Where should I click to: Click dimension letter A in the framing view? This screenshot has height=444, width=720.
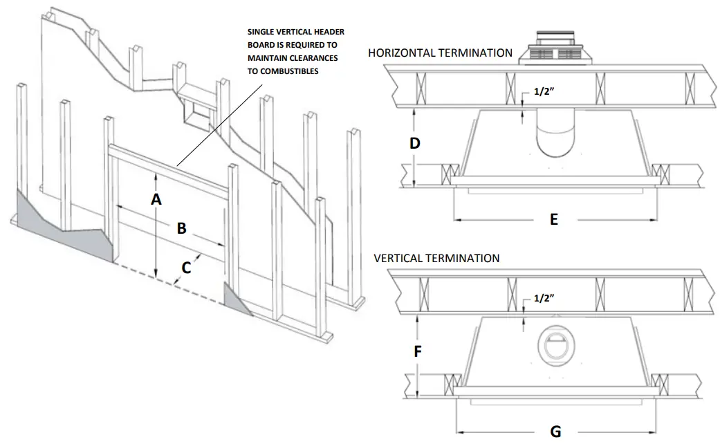click(156, 199)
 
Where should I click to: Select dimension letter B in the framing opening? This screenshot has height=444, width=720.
click(181, 228)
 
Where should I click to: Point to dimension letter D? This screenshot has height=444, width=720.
click(414, 143)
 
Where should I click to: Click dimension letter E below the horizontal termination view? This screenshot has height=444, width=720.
click(553, 219)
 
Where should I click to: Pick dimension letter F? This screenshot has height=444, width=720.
click(418, 351)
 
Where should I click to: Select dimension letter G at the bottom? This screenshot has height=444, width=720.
click(555, 432)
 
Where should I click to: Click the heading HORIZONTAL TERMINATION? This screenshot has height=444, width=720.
click(440, 53)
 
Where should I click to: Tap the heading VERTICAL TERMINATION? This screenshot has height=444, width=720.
click(436, 258)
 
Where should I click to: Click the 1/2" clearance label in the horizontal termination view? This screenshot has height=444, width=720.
click(544, 91)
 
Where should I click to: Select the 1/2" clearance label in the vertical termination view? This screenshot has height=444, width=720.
click(544, 297)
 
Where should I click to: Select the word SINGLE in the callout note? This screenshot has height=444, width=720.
click(264, 32)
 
